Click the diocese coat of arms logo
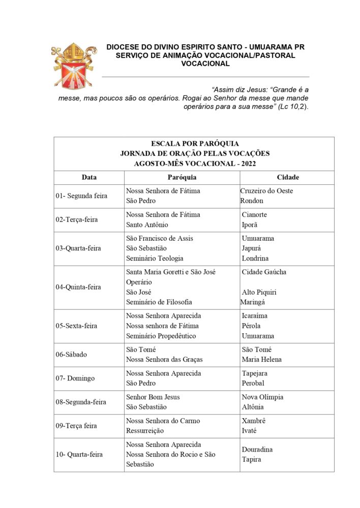pos(74,67)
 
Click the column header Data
pos(89,177)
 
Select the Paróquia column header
pos(182,177)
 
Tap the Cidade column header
pos(287,177)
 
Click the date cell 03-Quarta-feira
pos(78,248)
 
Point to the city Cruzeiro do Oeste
pos(266,191)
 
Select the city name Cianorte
pos(254,215)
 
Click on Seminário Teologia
pos(155,259)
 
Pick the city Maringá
pos(252,302)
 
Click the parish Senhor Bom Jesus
pos(153,397)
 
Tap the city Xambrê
pos(254,421)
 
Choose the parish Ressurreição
pos(145,431)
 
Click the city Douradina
pos(257,450)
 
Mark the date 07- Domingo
pos(75,378)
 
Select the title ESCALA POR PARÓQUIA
pos(195,144)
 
